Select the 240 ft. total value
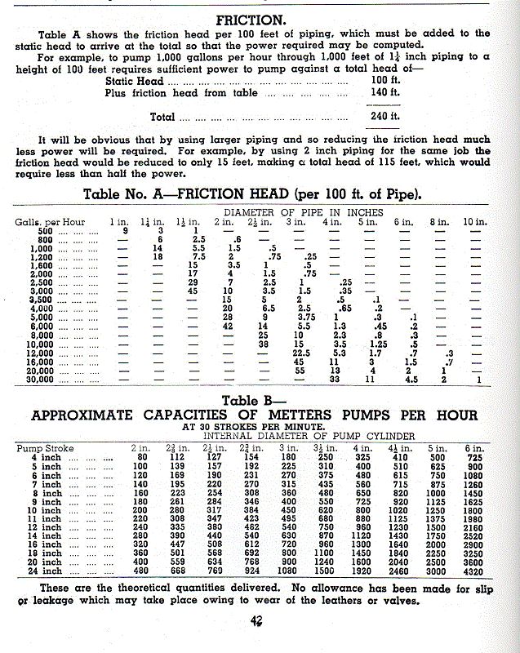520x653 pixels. pyautogui.click(x=384, y=117)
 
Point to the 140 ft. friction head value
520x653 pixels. pyautogui.click(x=384, y=94)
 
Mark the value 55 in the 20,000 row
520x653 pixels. pyautogui.click(x=299, y=370)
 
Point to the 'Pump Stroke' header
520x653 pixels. pyautogui.click(x=45, y=448)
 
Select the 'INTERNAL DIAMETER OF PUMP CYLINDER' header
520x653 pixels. pyautogui.click(x=309, y=437)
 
